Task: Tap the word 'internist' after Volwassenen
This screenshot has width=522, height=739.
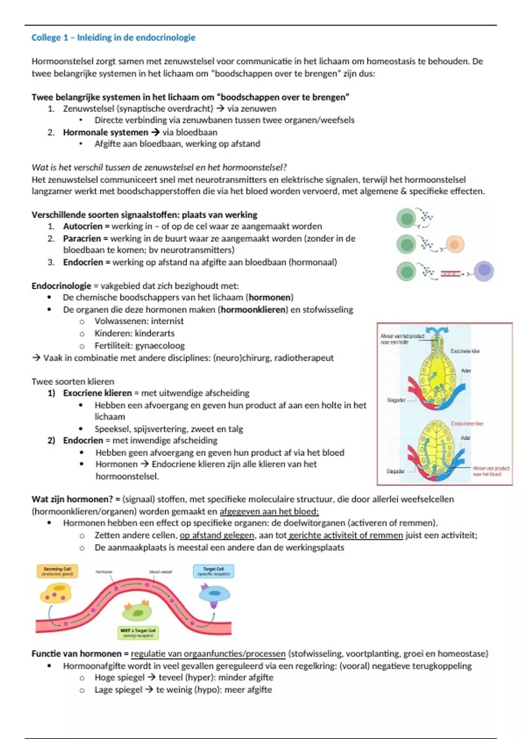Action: (167, 321)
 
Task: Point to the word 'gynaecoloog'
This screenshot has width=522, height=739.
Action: (160, 346)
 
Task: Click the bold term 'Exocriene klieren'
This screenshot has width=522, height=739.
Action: (97, 393)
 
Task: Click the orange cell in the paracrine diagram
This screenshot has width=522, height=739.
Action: (455, 244)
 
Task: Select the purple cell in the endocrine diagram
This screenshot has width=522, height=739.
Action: (483, 271)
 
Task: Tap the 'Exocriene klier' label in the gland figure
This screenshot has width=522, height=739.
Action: (465, 351)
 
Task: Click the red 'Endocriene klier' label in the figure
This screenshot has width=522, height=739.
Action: (467, 423)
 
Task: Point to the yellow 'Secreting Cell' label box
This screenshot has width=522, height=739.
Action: (57, 571)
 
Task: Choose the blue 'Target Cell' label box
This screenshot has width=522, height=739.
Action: (213, 571)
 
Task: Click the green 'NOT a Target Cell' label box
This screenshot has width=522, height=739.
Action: (138, 633)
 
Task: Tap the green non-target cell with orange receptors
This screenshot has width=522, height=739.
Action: (137, 612)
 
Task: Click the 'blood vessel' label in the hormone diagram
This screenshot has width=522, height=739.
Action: (161, 572)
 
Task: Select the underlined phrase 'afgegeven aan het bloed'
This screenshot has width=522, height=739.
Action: (269, 512)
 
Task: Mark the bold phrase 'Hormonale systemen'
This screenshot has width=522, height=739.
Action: (105, 132)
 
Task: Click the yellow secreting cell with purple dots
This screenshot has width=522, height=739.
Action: (56, 594)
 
